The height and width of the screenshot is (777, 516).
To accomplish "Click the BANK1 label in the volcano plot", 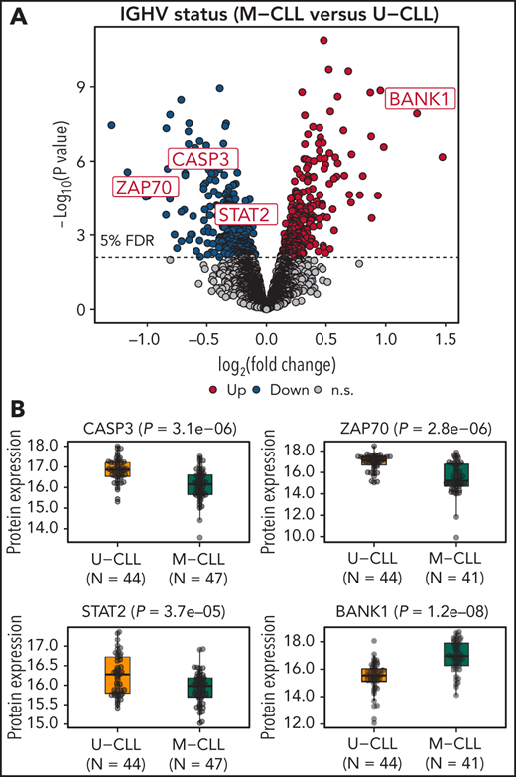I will coord(422,99).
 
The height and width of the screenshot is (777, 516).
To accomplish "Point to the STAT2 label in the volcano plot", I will coord(241,213).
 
